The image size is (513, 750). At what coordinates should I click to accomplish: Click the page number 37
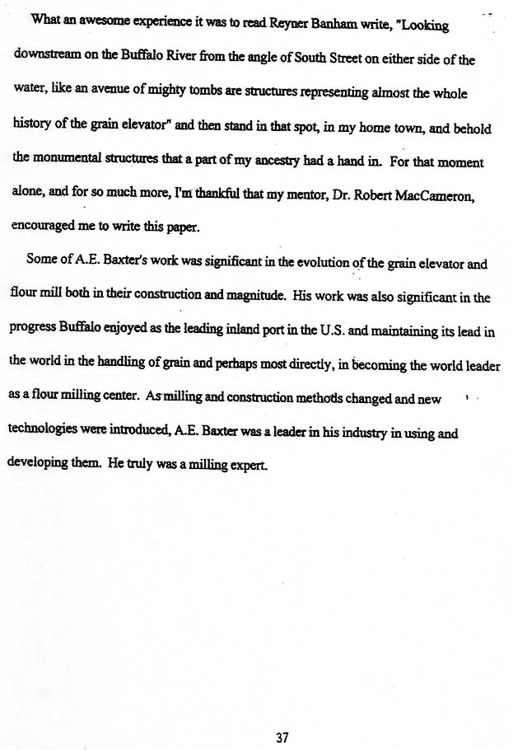[x=282, y=715]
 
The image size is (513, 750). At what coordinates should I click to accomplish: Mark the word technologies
[x=49, y=432]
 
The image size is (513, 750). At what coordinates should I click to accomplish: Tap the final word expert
[x=248, y=466]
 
